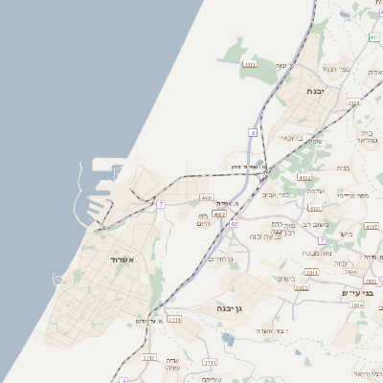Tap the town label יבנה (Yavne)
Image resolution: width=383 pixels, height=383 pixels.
coord(315,91)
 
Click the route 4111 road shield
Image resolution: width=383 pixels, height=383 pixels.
coord(250,64)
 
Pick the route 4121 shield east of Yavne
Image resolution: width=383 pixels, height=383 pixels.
coord(353,101)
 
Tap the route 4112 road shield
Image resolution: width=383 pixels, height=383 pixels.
coord(305,177)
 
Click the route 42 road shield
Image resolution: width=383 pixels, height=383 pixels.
coord(233,223)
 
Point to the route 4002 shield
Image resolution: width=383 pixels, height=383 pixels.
coord(219,214)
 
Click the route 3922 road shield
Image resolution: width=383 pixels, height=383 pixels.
coord(302,286)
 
